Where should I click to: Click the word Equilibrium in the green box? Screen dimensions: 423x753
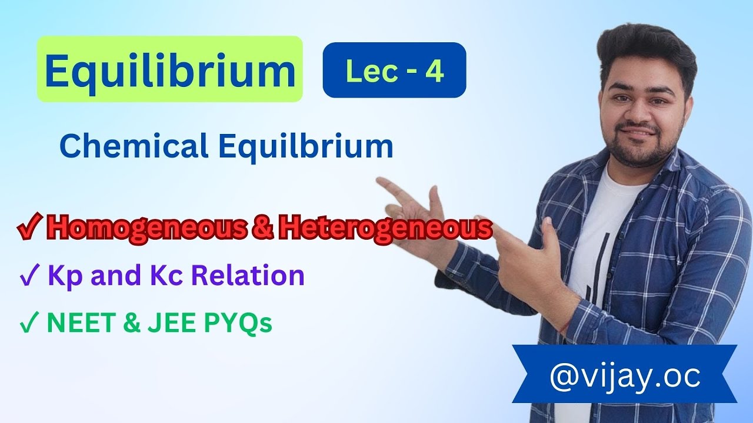[170, 70]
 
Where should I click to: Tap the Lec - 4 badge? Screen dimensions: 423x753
[394, 70]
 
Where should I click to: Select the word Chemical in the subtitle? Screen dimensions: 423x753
[134, 146]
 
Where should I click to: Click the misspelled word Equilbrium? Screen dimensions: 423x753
[306, 146]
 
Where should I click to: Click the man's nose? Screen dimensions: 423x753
[645, 113]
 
